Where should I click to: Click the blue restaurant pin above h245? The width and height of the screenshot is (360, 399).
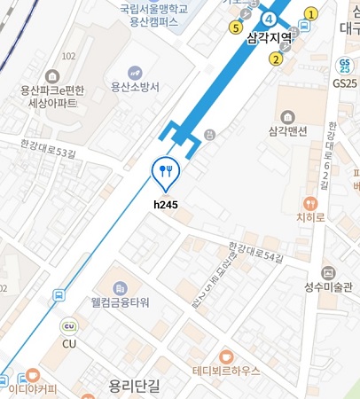click(x=167, y=171)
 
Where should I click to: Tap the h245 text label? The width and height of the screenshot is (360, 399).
click(x=166, y=205)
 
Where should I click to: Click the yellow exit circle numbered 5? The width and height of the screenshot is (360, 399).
click(x=235, y=27)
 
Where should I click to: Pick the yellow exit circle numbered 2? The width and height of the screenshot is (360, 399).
click(x=276, y=59)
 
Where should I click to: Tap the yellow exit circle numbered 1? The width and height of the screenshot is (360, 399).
click(x=311, y=13)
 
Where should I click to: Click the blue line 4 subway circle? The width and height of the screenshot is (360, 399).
click(x=269, y=19)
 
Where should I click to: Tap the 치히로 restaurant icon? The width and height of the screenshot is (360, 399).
click(x=309, y=203)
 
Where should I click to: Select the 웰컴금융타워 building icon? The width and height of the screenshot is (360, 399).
click(x=121, y=287)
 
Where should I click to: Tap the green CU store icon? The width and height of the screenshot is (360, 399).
click(x=68, y=325)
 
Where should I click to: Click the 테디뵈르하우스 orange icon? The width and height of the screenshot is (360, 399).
click(x=226, y=356)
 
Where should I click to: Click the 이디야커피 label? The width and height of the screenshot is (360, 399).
click(x=33, y=387)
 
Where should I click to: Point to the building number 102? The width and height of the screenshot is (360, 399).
click(x=68, y=56)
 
